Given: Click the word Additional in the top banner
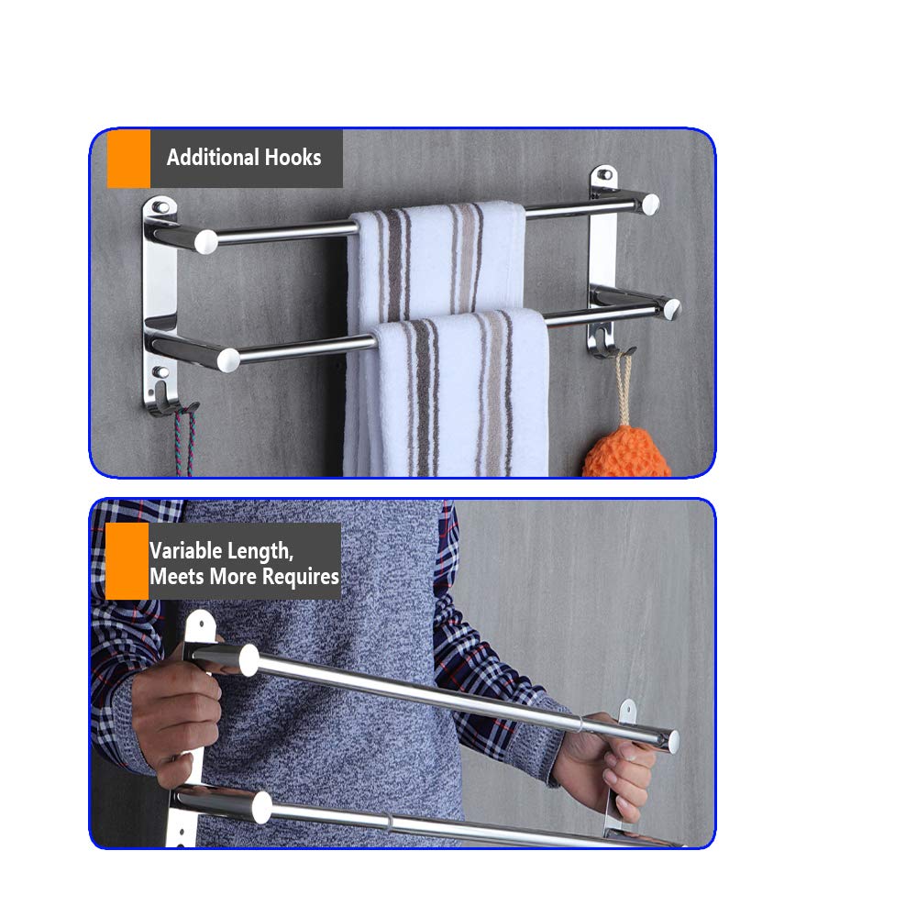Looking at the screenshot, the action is [213, 158].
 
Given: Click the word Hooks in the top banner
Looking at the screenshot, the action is [293, 158].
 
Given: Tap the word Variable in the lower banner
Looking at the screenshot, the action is [185, 550].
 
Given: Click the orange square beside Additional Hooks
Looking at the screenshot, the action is [128, 159].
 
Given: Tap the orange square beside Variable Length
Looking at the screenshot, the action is [127, 561].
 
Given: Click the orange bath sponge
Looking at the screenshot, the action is [625, 451].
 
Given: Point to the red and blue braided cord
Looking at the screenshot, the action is [185, 442].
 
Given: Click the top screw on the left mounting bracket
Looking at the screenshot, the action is [161, 206].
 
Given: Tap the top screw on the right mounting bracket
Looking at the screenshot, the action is [605, 174].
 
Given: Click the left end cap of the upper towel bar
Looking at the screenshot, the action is [205, 242].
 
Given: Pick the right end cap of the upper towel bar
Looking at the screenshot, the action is [650, 204].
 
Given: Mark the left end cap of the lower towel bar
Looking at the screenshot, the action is [228, 360].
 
